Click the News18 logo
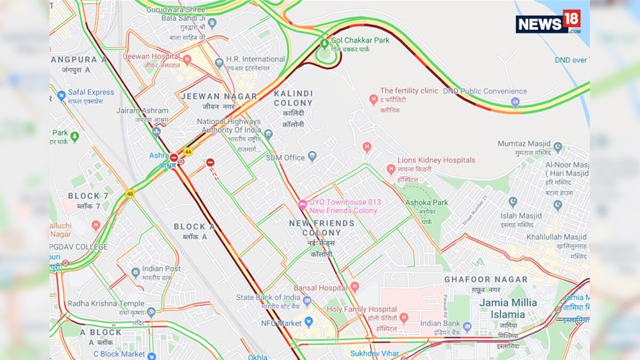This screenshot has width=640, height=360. pyautogui.click(x=548, y=22)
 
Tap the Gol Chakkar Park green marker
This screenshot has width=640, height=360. pyautogui.click(x=324, y=43)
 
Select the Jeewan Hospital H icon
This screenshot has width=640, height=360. pyautogui.click(x=187, y=59)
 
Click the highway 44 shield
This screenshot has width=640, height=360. pyautogui.click(x=188, y=151)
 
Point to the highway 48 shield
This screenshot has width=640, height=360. pyautogui.click(x=130, y=194)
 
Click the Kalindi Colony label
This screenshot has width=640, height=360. pyautogui.click(x=293, y=98)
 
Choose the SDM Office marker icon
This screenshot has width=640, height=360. pyautogui.click(x=312, y=157)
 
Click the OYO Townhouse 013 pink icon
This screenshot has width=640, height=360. pyautogui.click(x=302, y=204)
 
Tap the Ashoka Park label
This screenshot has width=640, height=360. pyautogui.click(x=427, y=203)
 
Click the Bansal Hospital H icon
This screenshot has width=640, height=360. pyautogui.click(x=355, y=287)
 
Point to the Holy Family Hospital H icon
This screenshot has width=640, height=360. pyautogui.click(x=404, y=318)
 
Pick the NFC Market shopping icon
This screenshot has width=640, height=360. pyautogui.click(x=309, y=322)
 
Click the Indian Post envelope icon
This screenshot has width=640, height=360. pyautogui.click(x=135, y=273)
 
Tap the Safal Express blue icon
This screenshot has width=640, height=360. pyautogui.click(x=61, y=96)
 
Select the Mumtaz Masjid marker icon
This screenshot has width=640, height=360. pyautogui.click(x=558, y=147)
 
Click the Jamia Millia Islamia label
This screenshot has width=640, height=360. pyautogui.click(x=508, y=308)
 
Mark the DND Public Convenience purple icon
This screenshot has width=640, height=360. pyautogui.click(x=515, y=102)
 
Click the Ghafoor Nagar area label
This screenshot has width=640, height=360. pyautogui.click(x=486, y=279)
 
